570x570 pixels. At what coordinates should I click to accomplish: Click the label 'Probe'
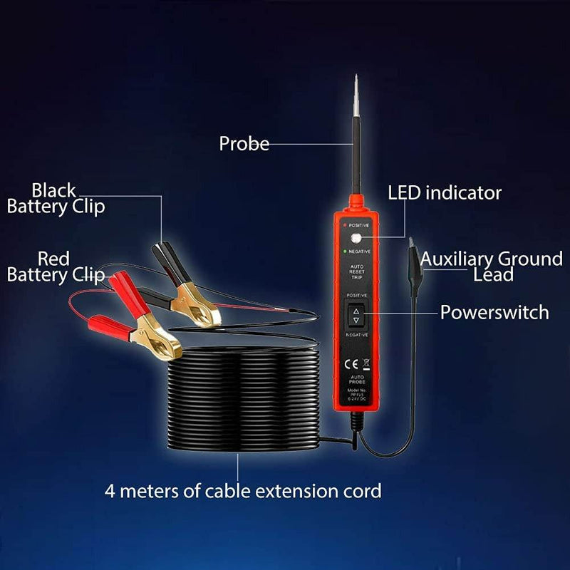pos(244,143)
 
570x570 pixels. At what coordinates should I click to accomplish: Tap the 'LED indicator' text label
pos(444,192)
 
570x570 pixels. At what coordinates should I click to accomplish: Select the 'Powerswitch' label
pos(494,312)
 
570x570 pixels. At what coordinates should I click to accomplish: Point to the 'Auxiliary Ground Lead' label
pos(491,266)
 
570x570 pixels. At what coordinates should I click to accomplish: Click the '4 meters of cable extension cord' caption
pos(243,490)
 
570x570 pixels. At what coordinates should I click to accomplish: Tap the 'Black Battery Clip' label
pos(56,199)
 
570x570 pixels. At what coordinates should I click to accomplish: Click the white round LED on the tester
pos(355,240)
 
